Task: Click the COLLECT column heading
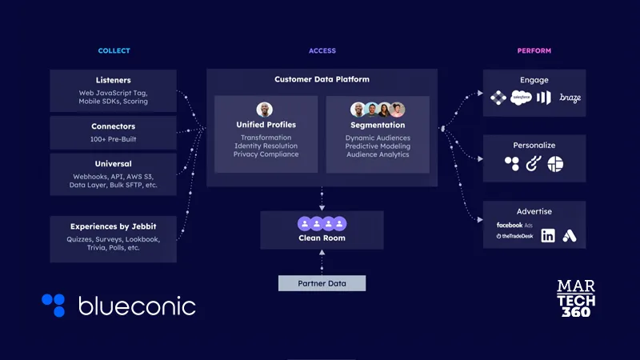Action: (x=114, y=50)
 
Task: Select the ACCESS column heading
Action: (x=322, y=50)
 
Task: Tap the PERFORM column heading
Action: (x=534, y=50)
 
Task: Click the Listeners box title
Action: (x=113, y=80)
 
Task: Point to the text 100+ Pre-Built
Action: (x=113, y=138)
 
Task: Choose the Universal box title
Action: (x=113, y=164)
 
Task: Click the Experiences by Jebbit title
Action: (x=113, y=226)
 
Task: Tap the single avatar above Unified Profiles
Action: (x=265, y=110)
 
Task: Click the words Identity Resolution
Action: (x=266, y=146)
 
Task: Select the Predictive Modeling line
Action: (x=378, y=146)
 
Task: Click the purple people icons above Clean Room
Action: (x=322, y=224)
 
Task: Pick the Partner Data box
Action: (x=322, y=283)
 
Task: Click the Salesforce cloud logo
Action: (x=521, y=98)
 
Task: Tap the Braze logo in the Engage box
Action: (x=570, y=98)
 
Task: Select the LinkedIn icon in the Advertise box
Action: (x=548, y=235)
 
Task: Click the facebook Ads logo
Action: (x=514, y=225)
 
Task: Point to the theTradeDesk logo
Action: (x=514, y=236)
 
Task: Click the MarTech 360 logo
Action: (x=576, y=298)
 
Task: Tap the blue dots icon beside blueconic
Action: (x=54, y=305)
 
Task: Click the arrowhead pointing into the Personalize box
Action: (x=481, y=158)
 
